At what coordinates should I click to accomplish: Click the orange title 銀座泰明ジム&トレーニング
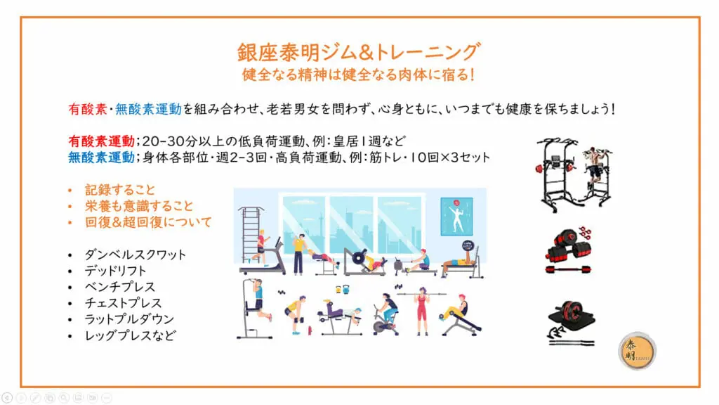[359, 52]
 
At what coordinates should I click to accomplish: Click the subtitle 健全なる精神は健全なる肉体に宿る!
[358, 75]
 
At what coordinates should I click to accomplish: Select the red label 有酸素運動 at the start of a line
[101, 141]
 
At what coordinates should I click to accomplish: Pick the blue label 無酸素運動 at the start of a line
[101, 157]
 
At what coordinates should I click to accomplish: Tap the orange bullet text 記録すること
[120, 190]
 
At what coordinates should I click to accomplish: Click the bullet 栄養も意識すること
[139, 206]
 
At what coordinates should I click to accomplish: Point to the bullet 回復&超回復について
[148, 222]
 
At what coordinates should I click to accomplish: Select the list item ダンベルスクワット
[136, 255]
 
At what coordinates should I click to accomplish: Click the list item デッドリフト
[115, 271]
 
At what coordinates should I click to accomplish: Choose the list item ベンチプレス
[120, 287]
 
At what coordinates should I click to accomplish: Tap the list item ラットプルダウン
[129, 319]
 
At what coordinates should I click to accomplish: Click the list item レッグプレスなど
[130, 335]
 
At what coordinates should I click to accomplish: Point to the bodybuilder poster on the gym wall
[456, 217]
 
